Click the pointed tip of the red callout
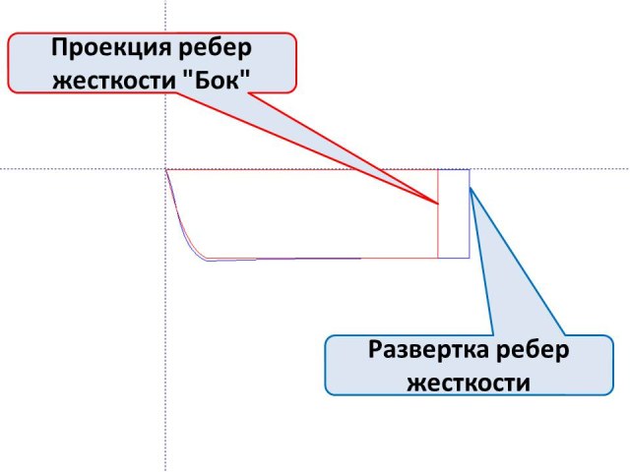[x=437, y=204]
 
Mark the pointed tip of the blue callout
[x=471, y=189]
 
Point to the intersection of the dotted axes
[x=165, y=169]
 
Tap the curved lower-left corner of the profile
[x=192, y=247]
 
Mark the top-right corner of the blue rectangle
[x=469, y=170]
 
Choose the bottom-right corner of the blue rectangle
[x=469, y=258]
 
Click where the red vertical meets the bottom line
[x=438, y=258]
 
